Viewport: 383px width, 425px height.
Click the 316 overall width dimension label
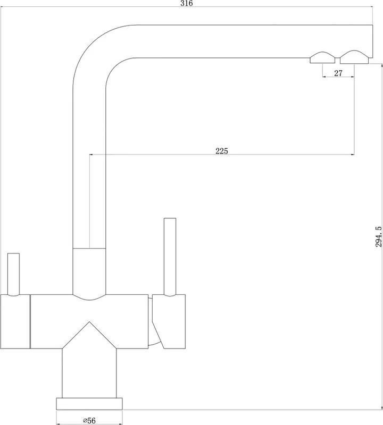coord(187,3)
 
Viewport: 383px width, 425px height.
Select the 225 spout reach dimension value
coord(222,151)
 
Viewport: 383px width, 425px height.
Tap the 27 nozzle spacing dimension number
coord(338,73)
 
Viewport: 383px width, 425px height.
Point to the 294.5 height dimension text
coord(378,236)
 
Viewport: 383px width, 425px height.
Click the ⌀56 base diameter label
coord(89,420)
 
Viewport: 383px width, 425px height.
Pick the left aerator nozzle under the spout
coord(322,57)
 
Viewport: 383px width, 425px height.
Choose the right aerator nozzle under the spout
coord(354,57)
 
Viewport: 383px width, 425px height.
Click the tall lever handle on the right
coord(170,257)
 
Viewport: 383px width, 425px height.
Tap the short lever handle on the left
coord(13,274)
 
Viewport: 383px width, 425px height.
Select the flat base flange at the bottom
coord(89,404)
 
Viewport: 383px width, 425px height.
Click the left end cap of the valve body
coord(15,321)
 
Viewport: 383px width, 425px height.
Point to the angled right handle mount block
coord(169,321)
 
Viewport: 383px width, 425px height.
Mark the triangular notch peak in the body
coord(89,322)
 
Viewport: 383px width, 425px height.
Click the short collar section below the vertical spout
coord(89,271)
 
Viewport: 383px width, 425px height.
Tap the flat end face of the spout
coord(372,41)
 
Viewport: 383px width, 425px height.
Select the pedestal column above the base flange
coord(89,373)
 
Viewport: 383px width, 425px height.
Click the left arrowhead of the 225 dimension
coord(91,155)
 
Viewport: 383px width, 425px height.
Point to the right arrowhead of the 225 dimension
coord(352,155)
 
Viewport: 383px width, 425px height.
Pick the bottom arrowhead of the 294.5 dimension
coord(381,407)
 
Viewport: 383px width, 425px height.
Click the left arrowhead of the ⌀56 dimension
coord(58,423)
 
